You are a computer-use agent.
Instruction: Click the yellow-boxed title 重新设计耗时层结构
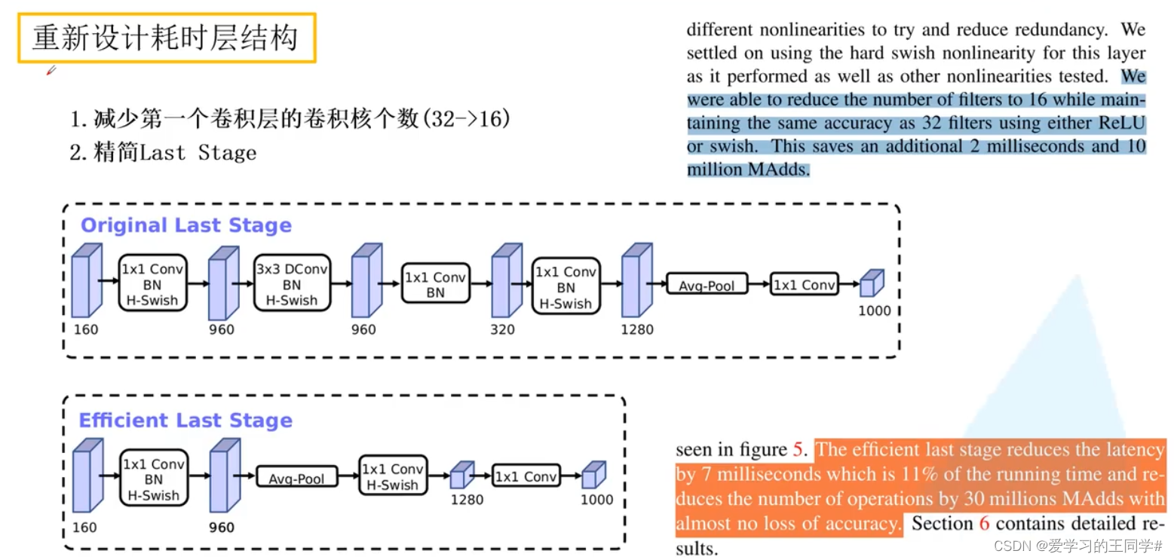(166, 38)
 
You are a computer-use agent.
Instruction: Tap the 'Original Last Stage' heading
(185, 225)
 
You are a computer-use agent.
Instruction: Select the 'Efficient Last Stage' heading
(185, 421)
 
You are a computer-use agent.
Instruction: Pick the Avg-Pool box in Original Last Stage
(707, 285)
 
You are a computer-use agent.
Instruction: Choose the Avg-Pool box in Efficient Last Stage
(296, 478)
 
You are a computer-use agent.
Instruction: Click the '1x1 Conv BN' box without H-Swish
(435, 284)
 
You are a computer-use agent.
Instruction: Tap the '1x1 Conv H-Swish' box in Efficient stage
(392, 477)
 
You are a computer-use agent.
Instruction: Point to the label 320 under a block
(502, 329)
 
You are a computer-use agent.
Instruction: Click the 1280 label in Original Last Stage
(637, 329)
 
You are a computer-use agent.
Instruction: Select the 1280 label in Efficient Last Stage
(467, 500)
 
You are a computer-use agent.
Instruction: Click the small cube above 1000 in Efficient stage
(593, 474)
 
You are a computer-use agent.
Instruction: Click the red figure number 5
(798, 450)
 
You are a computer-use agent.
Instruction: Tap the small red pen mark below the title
(51, 71)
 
